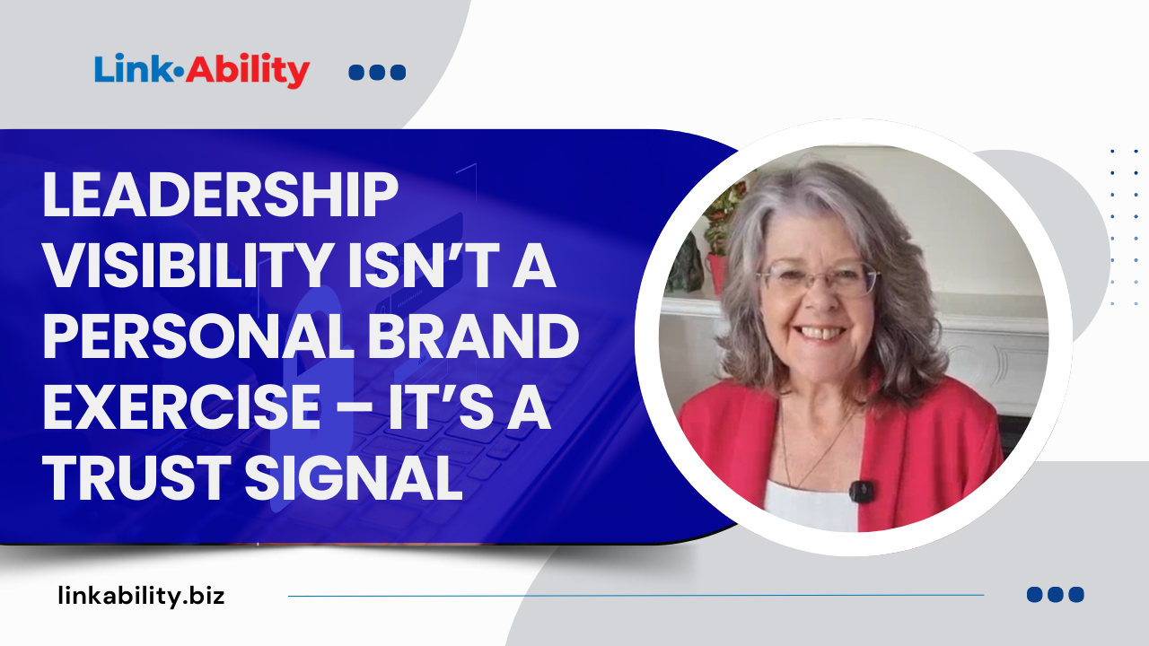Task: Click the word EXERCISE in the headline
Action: [x=180, y=407]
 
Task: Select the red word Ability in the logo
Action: [x=248, y=71]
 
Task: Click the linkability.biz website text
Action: [x=141, y=595]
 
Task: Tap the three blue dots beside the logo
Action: [x=377, y=73]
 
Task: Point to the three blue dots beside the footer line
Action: [x=1055, y=594]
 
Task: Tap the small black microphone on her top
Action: [x=861, y=491]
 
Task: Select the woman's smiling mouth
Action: [x=822, y=332]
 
